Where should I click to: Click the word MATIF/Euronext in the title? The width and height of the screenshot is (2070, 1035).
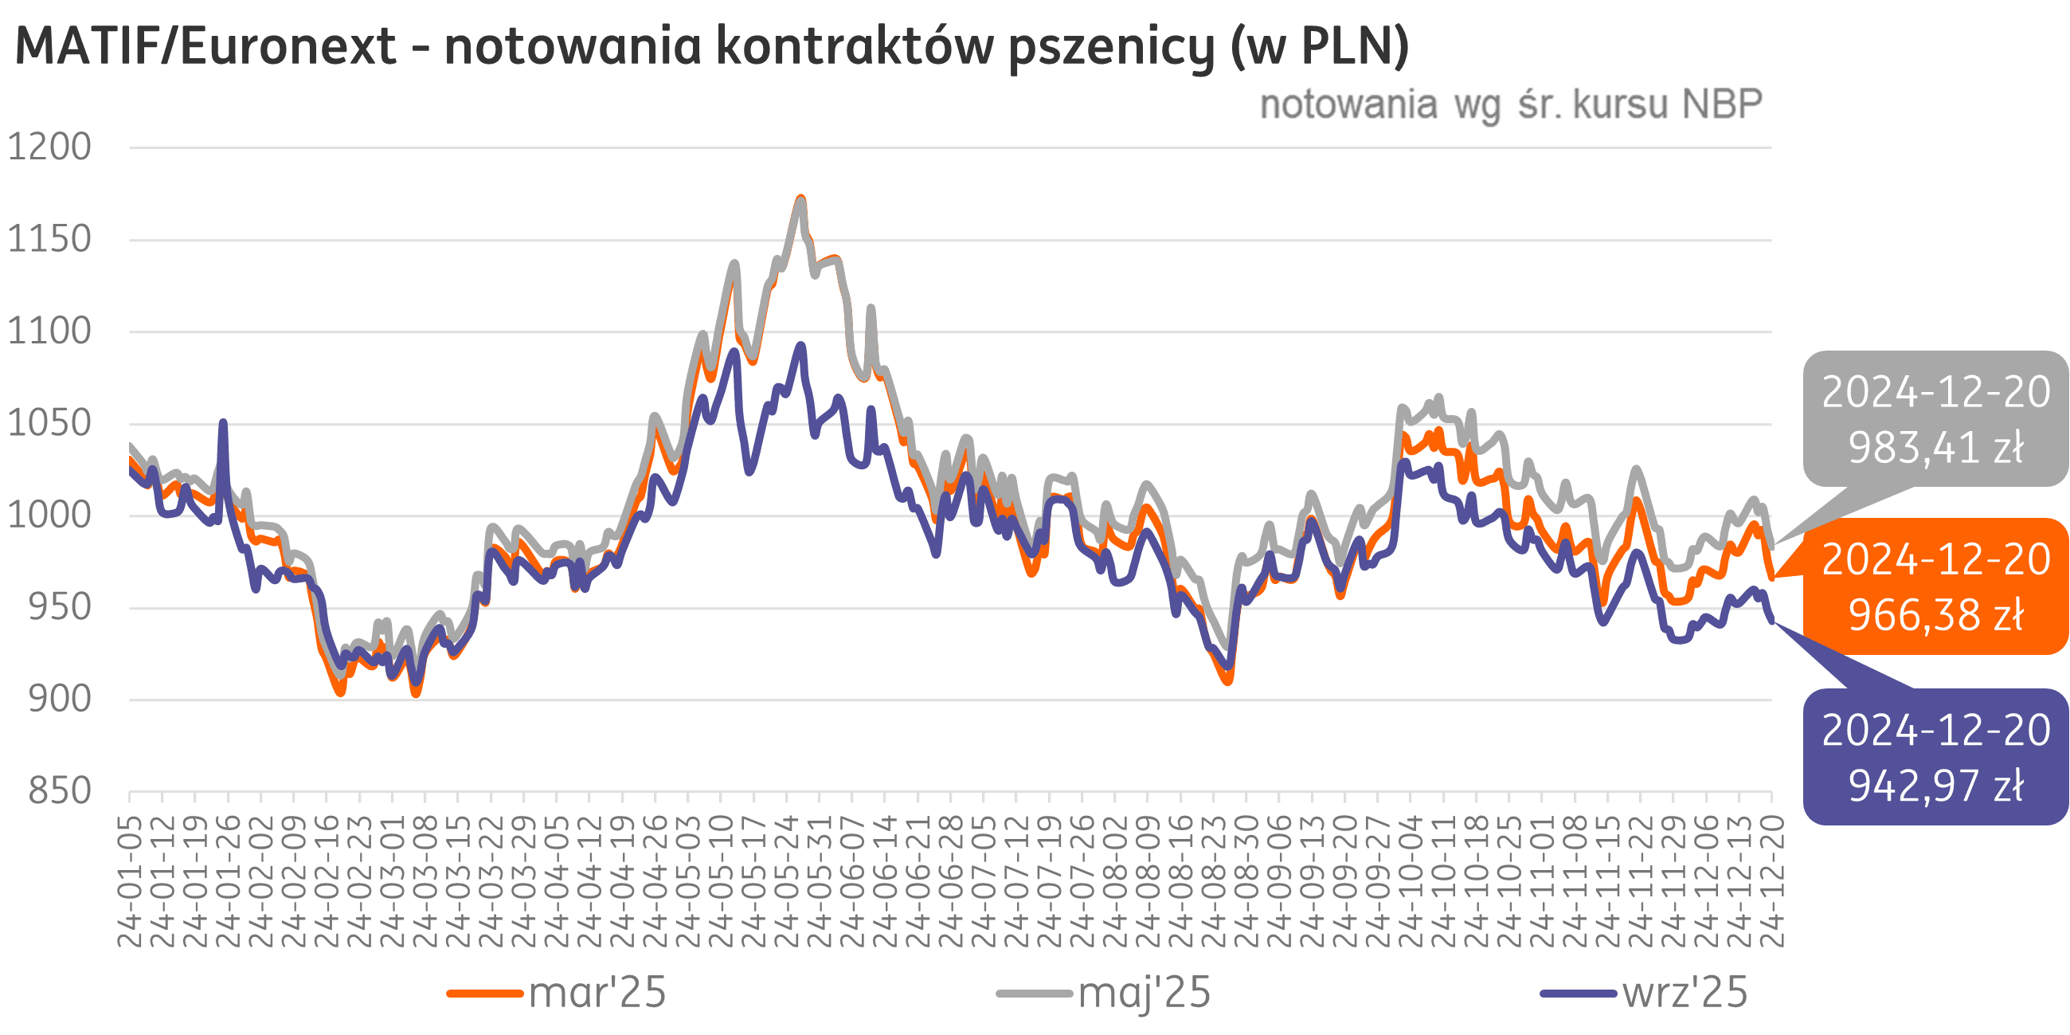click(205, 45)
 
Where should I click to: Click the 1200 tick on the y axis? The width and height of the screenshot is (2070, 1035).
click(50, 147)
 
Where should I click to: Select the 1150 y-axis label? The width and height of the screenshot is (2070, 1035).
click(50, 240)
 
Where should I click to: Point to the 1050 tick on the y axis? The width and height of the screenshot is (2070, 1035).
click(50, 424)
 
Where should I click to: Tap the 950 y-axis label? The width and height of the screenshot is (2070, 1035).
click(60, 607)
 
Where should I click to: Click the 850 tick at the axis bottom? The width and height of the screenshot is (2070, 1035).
click(60, 791)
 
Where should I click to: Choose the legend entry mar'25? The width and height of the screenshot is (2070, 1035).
click(597, 994)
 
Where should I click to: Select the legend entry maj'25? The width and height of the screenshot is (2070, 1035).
click(1145, 994)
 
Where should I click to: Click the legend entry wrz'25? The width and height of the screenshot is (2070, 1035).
click(1685, 994)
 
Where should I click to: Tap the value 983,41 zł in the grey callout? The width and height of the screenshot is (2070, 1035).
click(1936, 448)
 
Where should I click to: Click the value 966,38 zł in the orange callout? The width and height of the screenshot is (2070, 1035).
click(1936, 616)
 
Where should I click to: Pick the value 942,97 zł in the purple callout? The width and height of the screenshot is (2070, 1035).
click(1936, 786)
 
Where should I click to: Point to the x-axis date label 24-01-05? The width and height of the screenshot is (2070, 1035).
click(130, 881)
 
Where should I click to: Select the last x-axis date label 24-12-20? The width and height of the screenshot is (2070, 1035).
click(1772, 881)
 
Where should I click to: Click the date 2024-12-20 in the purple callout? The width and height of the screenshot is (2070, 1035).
click(1936, 731)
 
